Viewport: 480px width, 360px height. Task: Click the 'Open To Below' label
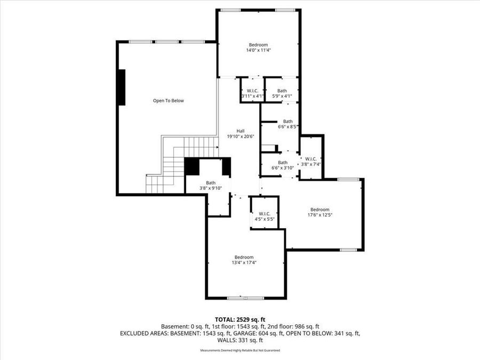coord(168,100)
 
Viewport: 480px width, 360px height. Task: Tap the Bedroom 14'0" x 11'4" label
coord(258,47)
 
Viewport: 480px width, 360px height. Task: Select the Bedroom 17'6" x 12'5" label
coord(319,212)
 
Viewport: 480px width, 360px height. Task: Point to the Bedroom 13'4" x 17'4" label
coord(243,259)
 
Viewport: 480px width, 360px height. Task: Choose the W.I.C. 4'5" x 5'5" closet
coord(265,216)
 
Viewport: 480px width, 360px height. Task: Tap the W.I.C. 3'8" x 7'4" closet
coord(310,161)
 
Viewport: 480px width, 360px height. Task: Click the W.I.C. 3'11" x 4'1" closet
coord(250,93)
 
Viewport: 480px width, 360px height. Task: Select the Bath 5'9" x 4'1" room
coord(282,93)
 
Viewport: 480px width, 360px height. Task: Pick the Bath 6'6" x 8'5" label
coord(287,124)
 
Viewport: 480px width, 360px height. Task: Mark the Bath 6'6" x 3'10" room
coord(283,165)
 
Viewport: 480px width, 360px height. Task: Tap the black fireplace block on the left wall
coord(122,86)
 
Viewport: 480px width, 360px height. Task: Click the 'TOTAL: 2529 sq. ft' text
coord(240,318)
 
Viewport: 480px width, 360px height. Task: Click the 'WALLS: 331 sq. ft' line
coord(240,340)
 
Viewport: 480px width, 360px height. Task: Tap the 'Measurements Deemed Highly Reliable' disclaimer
coord(240,350)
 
